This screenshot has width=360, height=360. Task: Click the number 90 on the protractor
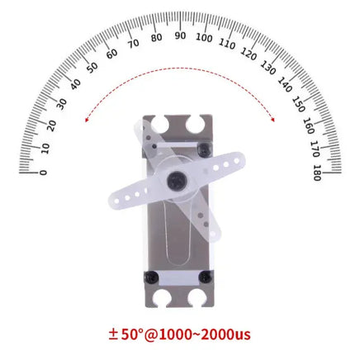coord(180,36)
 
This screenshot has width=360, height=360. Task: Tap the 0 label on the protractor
coord(43,172)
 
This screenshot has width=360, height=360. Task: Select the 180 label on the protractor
coord(317,172)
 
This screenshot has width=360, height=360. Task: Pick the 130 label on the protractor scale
coord(268,65)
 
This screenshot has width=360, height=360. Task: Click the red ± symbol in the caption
coord(113,334)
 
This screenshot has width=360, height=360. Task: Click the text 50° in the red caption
coord(135,334)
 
